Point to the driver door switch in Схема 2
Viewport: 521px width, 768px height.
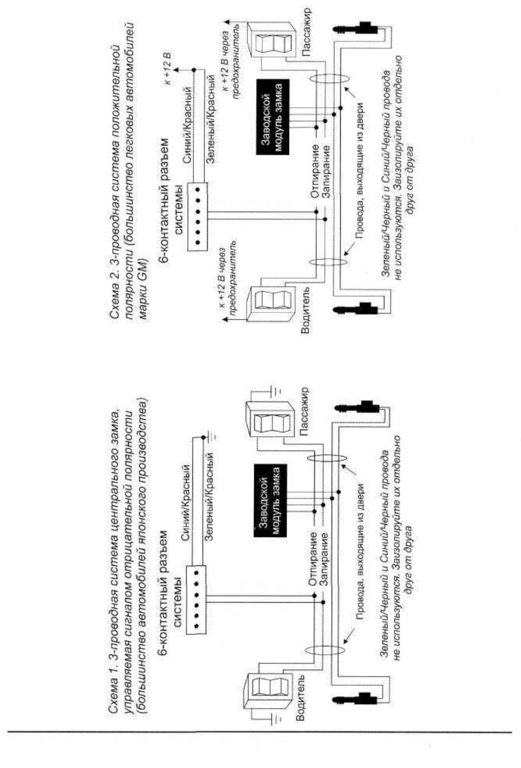271,304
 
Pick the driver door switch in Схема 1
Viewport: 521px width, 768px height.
268,688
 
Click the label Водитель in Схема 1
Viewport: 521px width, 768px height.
300,692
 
